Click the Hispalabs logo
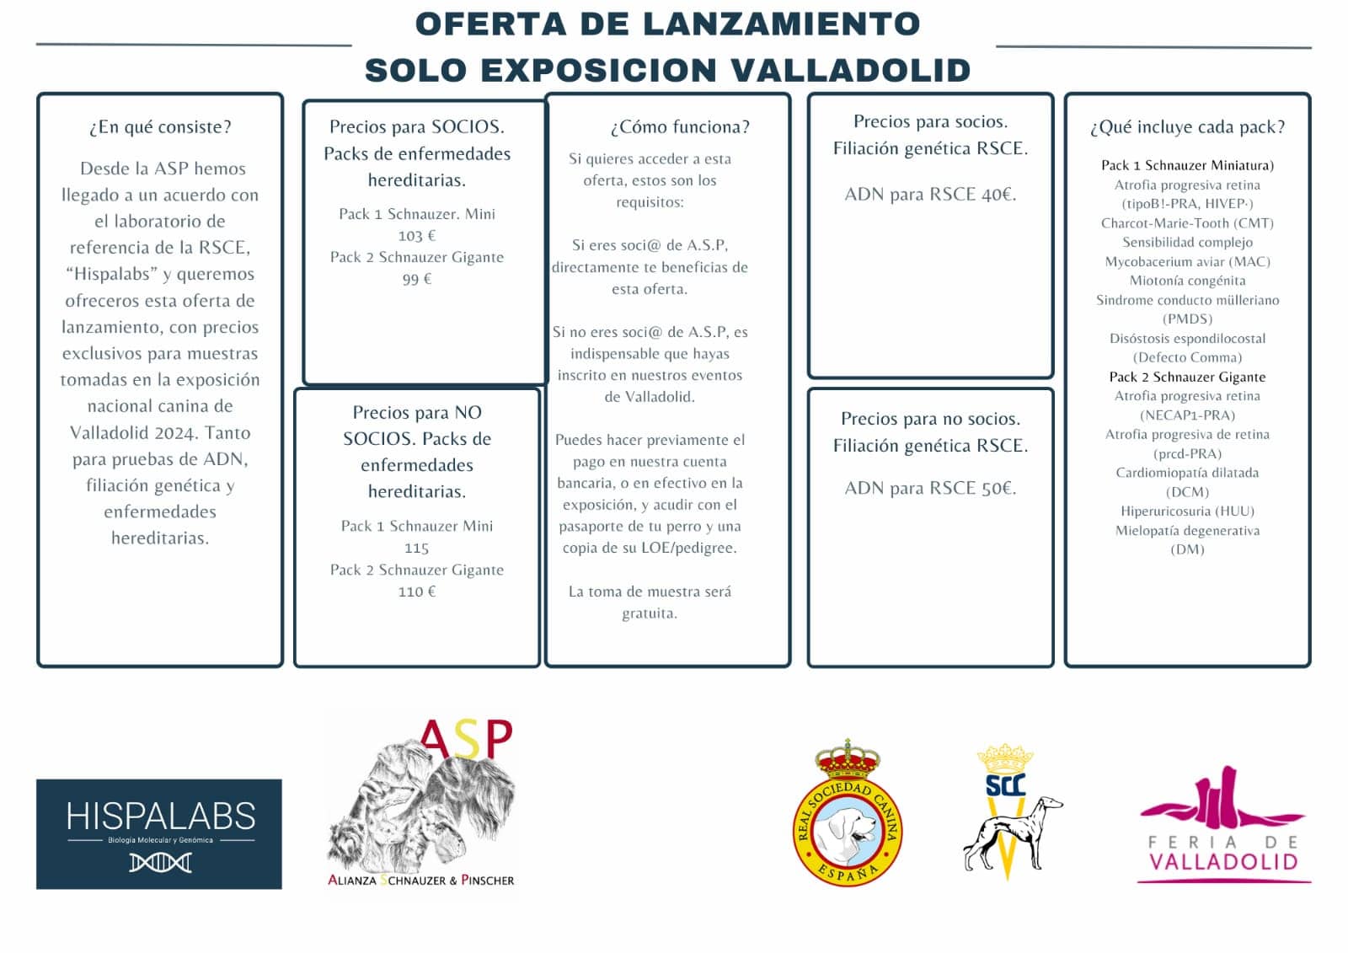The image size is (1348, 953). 159,833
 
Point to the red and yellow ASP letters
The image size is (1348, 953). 466,739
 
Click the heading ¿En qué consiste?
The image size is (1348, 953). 160,127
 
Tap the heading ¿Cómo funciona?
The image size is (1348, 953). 679,127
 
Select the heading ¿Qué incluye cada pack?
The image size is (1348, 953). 1187,127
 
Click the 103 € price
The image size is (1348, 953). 417,236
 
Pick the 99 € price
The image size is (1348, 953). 417,279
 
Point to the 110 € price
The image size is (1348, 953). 417,592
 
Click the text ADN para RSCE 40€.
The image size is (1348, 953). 930,195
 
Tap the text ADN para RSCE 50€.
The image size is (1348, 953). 930,489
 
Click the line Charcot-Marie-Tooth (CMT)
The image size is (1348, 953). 1187,223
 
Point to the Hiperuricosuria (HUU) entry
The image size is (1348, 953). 1187,511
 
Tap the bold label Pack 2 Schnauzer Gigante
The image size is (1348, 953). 1187,377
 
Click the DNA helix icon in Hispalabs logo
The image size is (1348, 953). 160,862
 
